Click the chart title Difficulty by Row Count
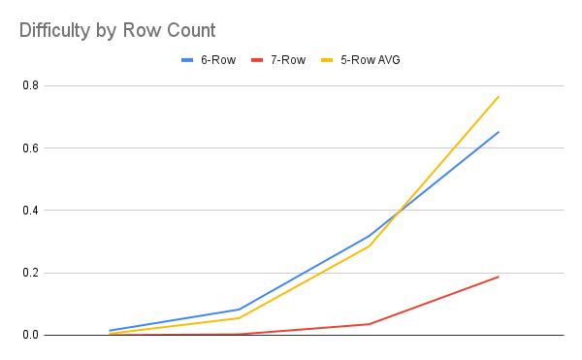[117, 30]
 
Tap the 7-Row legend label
[288, 60]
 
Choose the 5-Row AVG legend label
[371, 60]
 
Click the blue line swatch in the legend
[189, 60]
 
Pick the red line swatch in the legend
[258, 60]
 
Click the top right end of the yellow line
[499, 96]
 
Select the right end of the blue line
[499, 132]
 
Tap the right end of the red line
[499, 277]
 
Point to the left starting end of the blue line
[110, 331]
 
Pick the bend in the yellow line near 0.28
[369, 246]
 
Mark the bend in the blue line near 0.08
[239, 310]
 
